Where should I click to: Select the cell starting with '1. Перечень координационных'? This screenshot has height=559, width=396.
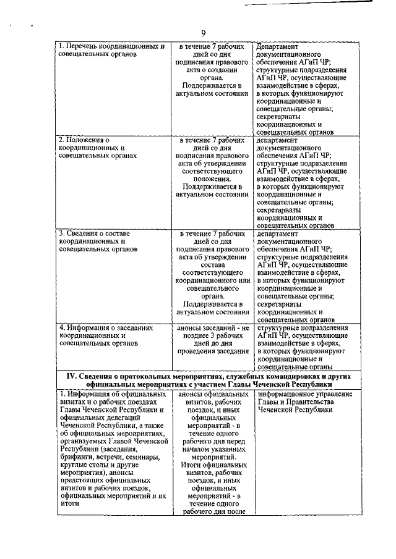click(x=111, y=51)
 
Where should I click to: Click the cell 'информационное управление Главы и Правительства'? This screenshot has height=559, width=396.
click(x=303, y=401)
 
